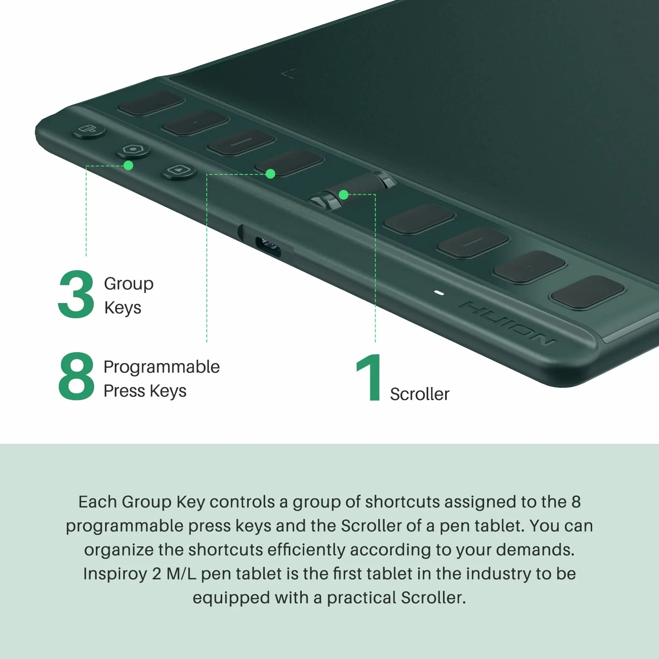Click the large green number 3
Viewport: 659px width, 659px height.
coord(76,294)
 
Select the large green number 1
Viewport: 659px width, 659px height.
coord(369,377)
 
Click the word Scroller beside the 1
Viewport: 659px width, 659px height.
coord(419,394)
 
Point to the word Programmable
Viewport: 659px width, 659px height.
coord(161,367)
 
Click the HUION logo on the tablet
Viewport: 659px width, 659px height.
coord(507,322)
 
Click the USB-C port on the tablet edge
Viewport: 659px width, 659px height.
coord(268,247)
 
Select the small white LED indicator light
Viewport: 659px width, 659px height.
coord(439,293)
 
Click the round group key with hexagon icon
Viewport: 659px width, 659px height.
coord(133,150)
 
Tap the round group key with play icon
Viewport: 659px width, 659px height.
coord(179,171)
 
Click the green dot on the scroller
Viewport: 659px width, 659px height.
coord(343,195)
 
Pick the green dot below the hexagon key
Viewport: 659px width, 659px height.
coord(129,166)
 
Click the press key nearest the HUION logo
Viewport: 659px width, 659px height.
coord(588,292)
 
